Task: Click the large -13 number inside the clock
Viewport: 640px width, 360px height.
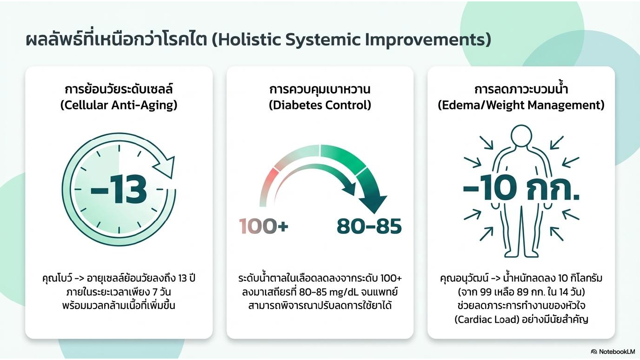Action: (x=119, y=189)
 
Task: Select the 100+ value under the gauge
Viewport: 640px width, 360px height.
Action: (x=263, y=226)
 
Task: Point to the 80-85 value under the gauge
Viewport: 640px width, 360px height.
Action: (x=369, y=226)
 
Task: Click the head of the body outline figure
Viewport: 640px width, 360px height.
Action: (x=521, y=136)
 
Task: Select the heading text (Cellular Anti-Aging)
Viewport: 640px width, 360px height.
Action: (x=119, y=105)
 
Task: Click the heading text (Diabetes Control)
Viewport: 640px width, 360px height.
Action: (x=320, y=105)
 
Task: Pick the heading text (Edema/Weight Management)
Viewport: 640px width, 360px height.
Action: (x=521, y=105)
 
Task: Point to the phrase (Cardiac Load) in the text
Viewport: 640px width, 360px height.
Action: (x=487, y=319)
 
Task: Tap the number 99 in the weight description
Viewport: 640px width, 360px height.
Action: (x=488, y=292)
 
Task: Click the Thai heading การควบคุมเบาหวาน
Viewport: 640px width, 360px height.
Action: (x=320, y=89)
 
